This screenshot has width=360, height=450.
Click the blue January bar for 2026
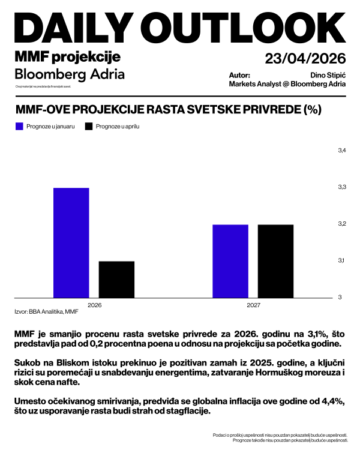[x=71, y=242]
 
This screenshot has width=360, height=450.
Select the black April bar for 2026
[x=116, y=279]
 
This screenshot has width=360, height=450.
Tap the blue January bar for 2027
[x=230, y=260]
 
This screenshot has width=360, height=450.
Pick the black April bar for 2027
[x=275, y=260]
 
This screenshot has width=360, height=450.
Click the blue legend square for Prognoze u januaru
[x=19, y=127]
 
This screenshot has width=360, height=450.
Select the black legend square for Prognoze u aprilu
[x=89, y=127]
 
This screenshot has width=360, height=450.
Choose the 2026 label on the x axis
[x=94, y=305]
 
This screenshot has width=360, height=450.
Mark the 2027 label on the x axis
[x=253, y=305]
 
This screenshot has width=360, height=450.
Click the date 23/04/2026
[x=305, y=58]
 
